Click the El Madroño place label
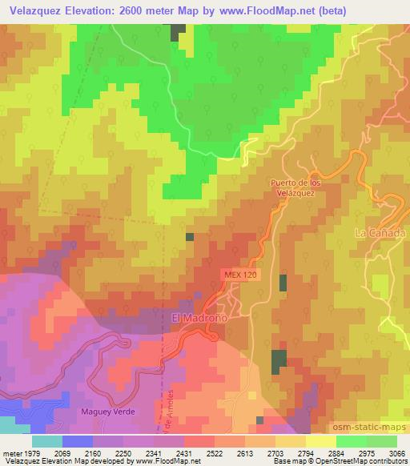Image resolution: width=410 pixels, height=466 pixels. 200,318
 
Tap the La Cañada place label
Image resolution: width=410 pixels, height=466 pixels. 376,232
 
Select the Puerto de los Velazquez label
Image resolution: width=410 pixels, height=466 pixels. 295,187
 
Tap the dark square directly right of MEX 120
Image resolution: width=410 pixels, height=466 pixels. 283,283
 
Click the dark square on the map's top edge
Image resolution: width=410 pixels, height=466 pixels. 177,30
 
